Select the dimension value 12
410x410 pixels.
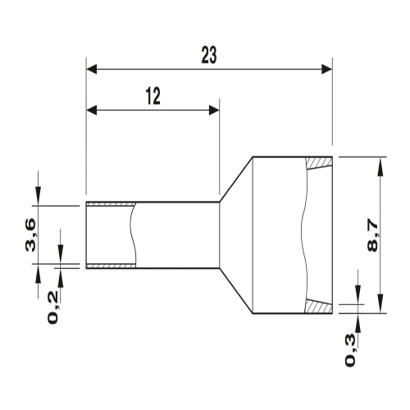(x=153, y=96)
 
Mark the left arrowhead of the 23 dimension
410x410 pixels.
(x=91, y=70)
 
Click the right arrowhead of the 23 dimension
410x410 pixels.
(x=327, y=70)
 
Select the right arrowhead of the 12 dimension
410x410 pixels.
(x=214, y=110)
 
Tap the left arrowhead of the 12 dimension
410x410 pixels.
(x=91, y=110)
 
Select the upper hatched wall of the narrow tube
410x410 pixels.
(x=111, y=204)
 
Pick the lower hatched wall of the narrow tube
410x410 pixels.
(x=111, y=266)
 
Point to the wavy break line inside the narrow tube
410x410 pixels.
(x=131, y=235)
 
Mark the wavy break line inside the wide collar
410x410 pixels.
(x=303, y=235)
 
